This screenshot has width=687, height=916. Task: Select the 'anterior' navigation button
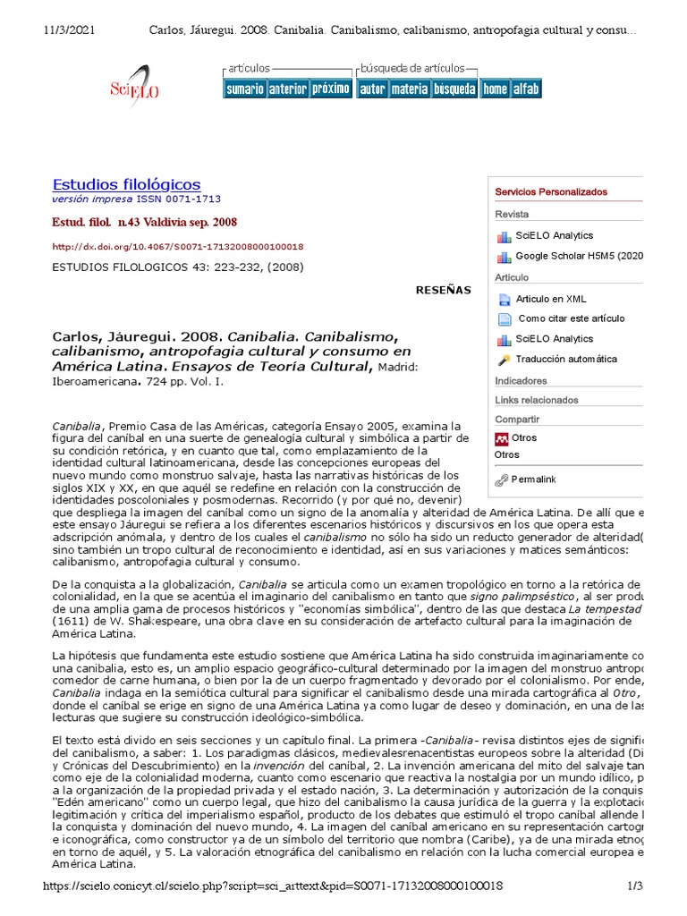(287, 89)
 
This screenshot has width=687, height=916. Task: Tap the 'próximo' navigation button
(330, 89)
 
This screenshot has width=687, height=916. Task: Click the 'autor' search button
(372, 89)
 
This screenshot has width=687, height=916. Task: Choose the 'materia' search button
(409, 89)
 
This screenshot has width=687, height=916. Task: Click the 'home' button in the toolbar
(494, 89)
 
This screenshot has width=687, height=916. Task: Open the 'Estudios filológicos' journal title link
(126, 184)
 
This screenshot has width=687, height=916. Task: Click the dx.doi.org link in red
(177, 246)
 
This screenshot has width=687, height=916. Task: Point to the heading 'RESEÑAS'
(443, 290)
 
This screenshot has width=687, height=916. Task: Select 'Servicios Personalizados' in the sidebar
(551, 192)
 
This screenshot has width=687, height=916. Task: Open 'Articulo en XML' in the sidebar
(551, 299)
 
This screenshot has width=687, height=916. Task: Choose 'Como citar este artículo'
(572, 318)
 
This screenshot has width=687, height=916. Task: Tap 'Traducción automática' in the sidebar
(566, 359)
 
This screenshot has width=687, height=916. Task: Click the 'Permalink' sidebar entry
(533, 479)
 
